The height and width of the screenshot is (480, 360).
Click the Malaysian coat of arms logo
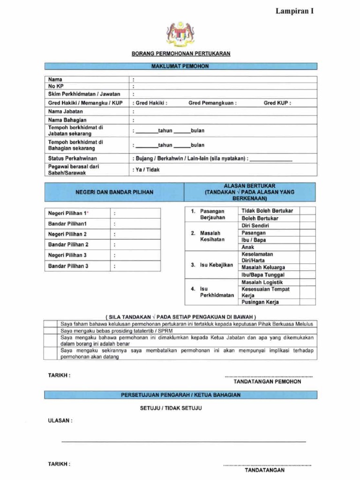pyautogui.click(x=180, y=35)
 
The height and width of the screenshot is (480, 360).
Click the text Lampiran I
pyautogui.click(x=294, y=11)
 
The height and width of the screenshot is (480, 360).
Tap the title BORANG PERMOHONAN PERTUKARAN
pyautogui.click(x=180, y=53)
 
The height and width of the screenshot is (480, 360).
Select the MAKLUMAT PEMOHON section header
pyautogui.click(x=180, y=66)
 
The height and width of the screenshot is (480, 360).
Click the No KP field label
pyautogui.click(x=56, y=86)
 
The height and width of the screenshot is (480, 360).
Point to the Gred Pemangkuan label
pyautogui.click(x=212, y=103)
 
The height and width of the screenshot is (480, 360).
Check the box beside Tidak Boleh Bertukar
pyautogui.click(x=307, y=210)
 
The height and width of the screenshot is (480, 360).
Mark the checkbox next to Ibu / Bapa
pyautogui.click(x=307, y=240)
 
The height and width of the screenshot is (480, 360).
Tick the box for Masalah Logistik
pyautogui.click(x=307, y=282)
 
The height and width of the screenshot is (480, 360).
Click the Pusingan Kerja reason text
pyautogui.click(x=260, y=302)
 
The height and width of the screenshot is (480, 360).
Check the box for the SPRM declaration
pyautogui.click(x=51, y=330)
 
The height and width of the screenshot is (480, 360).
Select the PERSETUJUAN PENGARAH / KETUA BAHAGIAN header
pyautogui.click(x=180, y=395)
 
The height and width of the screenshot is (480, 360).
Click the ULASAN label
pyautogui.click(x=60, y=421)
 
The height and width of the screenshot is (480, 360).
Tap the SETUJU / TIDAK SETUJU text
pyautogui.click(x=171, y=408)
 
